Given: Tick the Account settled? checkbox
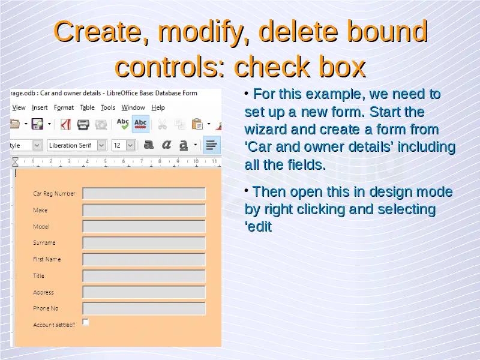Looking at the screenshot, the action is click(86, 322).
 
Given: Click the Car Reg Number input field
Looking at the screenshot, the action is click(144, 193).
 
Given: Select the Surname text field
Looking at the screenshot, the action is click(144, 243).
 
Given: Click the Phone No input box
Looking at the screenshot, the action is click(144, 308).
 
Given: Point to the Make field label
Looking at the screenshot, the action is click(40, 210).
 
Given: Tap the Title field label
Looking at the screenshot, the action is click(38, 275).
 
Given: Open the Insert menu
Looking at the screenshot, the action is click(40, 107).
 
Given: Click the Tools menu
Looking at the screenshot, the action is click(108, 107).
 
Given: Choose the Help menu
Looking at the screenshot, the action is click(158, 107).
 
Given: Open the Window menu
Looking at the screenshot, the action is click(133, 107).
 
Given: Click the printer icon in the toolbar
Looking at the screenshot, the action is click(83, 124).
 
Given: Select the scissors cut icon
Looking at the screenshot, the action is click(162, 124).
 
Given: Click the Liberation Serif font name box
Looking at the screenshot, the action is click(72, 145).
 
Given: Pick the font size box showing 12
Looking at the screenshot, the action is click(119, 145).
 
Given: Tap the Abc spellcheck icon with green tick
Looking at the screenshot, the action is click(123, 124).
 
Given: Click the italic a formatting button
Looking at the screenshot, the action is click(166, 145).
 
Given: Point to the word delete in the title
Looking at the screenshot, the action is click(298, 31).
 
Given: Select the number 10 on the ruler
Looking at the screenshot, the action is click(196, 161).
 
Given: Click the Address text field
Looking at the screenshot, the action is click(144, 292).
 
